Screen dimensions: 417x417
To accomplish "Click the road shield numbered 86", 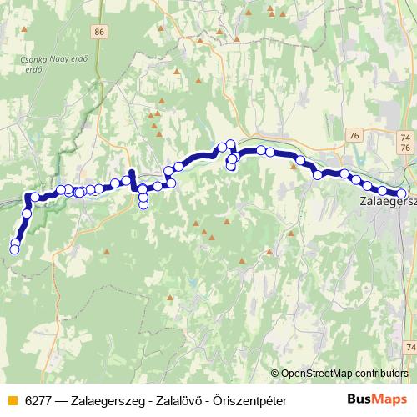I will pos(101,32).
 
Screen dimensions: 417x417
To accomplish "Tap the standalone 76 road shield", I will pos(355,135).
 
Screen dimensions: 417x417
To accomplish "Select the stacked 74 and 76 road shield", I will pos(406,142).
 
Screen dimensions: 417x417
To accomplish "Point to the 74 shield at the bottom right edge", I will pos(409,346).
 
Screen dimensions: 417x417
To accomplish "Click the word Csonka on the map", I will pos(37,59).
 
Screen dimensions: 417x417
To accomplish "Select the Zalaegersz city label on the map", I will pos(386,201).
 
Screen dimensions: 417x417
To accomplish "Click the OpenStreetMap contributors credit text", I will pos(344,374).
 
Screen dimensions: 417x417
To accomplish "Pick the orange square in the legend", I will pos(12,400).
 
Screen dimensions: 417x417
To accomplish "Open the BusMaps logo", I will pos(377,399).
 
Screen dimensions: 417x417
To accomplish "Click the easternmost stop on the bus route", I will pos(402,194).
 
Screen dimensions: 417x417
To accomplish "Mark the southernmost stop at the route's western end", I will pos(14,249).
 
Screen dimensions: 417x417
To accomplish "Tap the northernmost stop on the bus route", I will pos(230,144).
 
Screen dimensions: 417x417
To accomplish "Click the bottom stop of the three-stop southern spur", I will pos(143,204).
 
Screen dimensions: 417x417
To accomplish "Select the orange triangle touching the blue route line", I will pos(293,164).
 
